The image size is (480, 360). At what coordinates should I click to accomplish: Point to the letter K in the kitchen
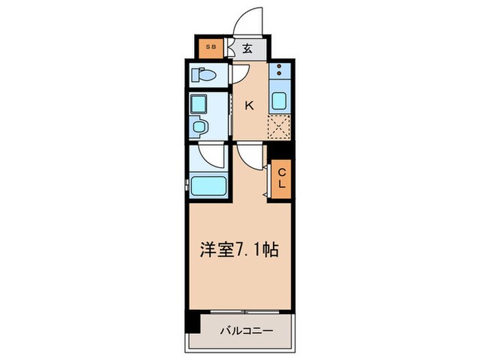250,105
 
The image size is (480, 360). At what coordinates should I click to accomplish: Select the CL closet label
281,179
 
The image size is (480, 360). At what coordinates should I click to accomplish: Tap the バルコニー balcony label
246,331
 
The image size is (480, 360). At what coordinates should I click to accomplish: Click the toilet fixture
204,74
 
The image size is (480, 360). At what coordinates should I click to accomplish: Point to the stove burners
280,71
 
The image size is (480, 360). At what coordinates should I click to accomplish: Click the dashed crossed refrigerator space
279,127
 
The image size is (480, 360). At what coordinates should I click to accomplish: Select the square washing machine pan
200,104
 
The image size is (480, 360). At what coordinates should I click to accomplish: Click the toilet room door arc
240,73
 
